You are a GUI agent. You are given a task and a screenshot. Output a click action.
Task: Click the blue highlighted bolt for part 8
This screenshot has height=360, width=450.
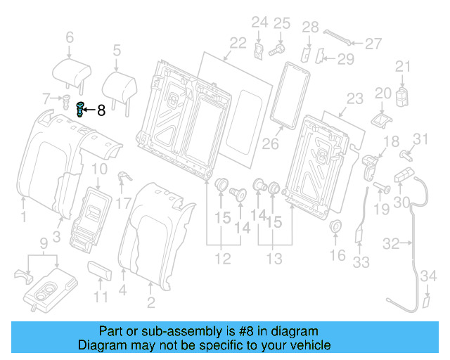coord(80,110)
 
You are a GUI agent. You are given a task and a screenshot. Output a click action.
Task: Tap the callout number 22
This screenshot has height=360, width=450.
coord(238,43)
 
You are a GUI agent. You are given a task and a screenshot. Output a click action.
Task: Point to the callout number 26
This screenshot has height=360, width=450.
coord(271,145)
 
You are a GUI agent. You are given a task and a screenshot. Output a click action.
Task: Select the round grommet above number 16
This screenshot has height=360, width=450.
coord(337,227)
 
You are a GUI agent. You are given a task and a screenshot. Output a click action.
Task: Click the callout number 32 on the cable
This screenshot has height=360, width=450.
coord(392,244)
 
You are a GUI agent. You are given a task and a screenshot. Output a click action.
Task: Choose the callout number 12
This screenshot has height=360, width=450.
coord(222,259)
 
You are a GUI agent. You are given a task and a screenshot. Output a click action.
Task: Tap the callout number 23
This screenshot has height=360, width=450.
coord(355,98)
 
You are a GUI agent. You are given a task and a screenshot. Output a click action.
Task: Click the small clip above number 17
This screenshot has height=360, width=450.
coord(122,179)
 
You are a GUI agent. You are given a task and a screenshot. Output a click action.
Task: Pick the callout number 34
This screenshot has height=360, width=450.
coord(426,283)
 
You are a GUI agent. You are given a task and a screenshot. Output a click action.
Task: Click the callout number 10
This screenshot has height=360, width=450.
coord(99,169)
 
